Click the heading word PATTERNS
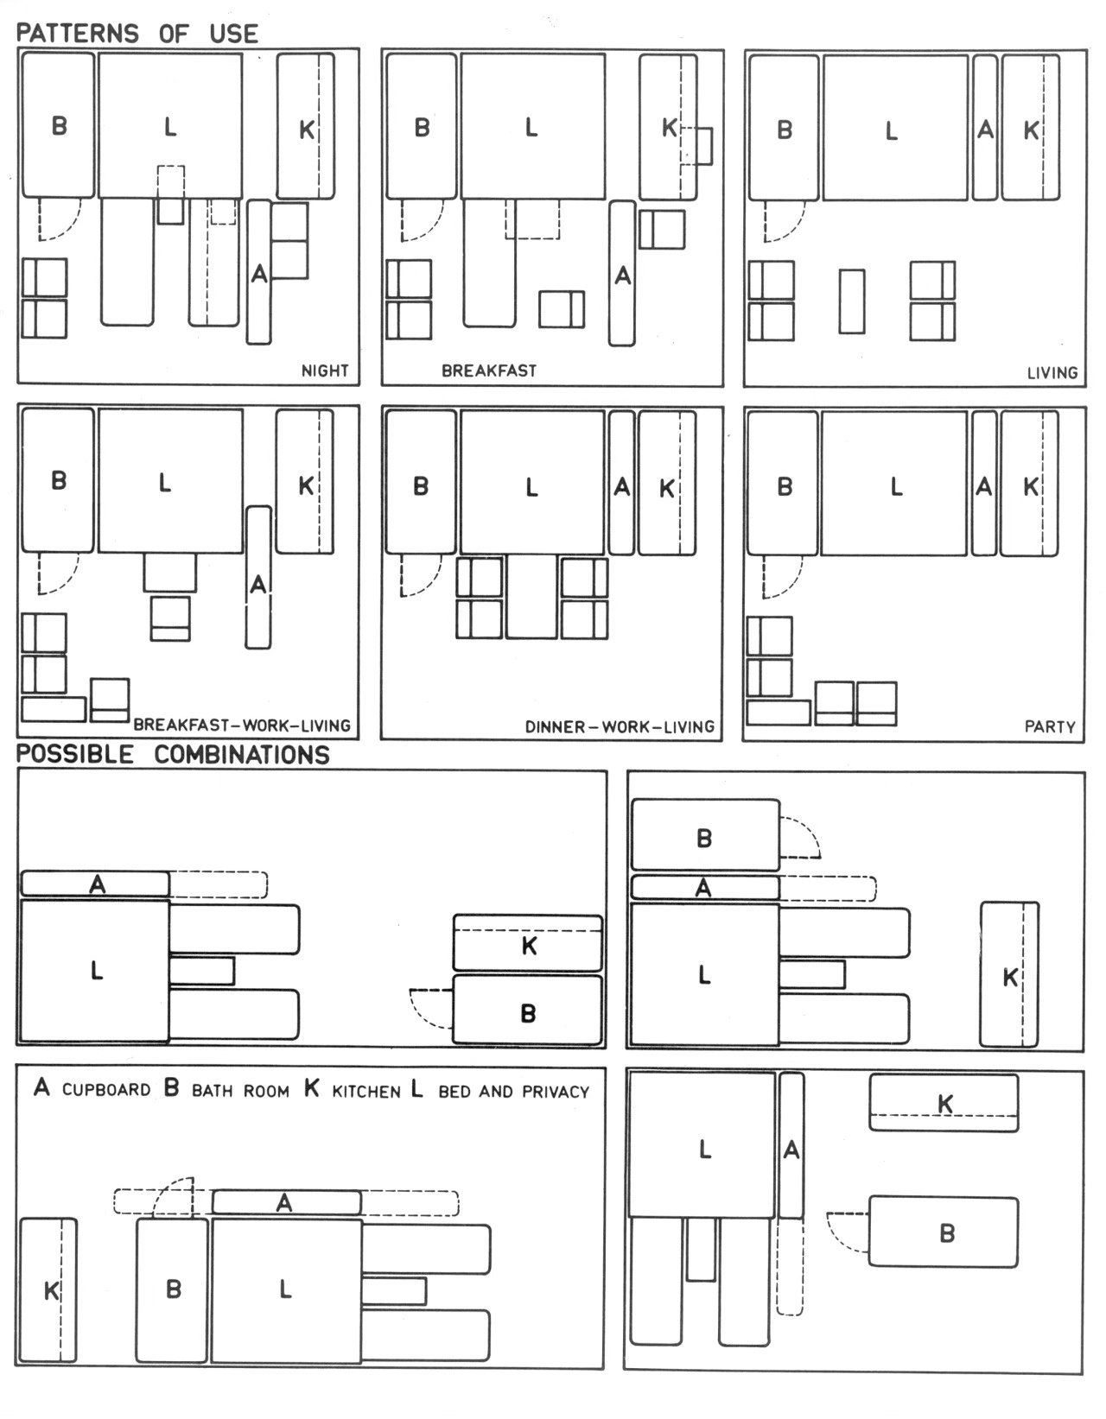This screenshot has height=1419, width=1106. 78,34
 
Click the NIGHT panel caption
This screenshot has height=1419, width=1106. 325,371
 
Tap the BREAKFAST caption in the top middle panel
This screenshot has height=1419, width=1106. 489,371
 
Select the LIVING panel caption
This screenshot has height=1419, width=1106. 1052,373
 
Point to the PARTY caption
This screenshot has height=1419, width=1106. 1050,727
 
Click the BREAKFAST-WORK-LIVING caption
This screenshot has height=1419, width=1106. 242,725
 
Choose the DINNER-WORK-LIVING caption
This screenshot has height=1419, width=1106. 620,727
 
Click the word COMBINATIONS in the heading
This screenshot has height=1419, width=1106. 242,755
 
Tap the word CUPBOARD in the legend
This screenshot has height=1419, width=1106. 105,1090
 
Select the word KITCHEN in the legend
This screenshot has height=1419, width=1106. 365,1091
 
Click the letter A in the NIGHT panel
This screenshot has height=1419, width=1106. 259,274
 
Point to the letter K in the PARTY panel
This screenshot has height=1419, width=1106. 1031,486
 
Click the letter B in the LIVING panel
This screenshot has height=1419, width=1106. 785,130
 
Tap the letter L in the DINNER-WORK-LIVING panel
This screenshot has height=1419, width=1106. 531,487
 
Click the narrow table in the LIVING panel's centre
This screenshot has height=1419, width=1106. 852,301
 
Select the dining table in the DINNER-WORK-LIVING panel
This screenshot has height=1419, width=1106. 531,597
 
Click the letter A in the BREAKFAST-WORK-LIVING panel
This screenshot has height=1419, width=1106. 258,584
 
